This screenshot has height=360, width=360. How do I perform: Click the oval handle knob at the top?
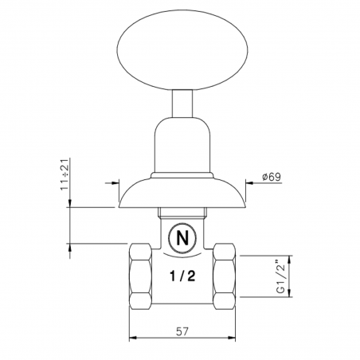[182, 49]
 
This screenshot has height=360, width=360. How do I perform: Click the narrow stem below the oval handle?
[182, 104]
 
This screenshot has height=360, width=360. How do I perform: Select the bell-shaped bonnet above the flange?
[182, 146]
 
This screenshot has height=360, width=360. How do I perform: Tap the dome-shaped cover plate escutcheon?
[182, 193]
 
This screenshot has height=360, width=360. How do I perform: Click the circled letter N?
[182, 238]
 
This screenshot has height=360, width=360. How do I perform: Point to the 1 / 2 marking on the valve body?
[182, 276]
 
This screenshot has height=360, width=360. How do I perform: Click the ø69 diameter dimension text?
[272, 177]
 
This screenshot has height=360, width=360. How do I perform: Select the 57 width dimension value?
[182, 331]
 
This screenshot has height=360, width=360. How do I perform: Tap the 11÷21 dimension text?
[65, 174]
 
